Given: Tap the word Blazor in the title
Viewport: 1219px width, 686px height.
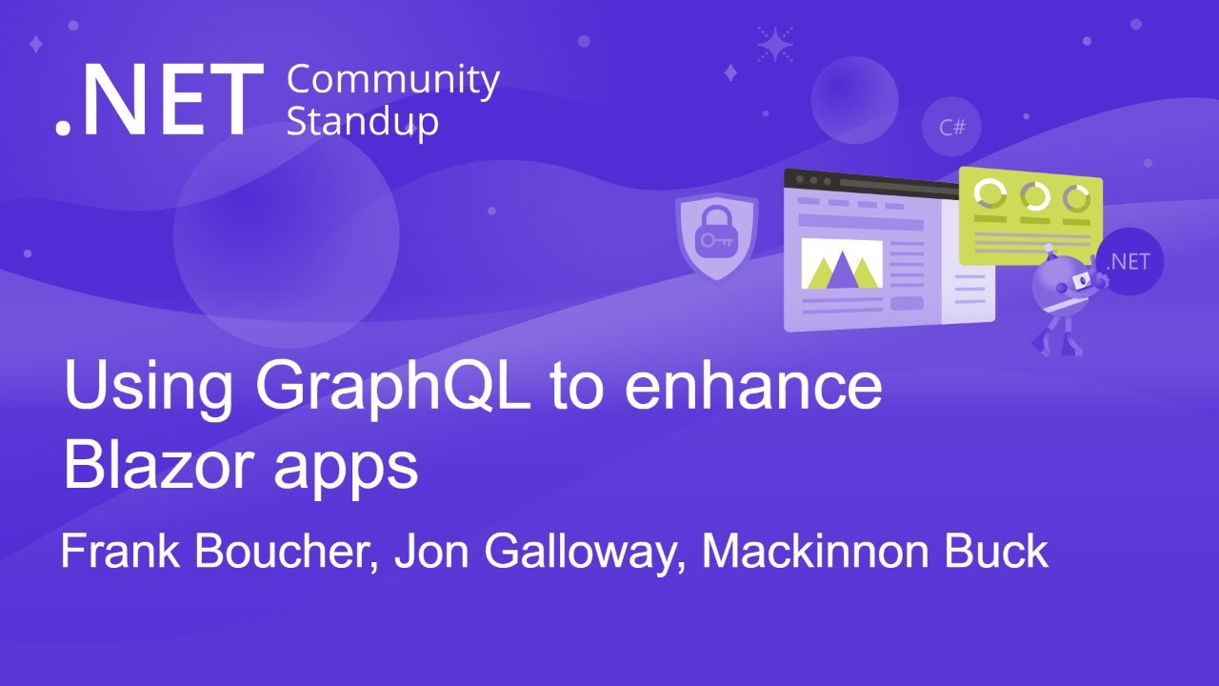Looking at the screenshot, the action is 158,466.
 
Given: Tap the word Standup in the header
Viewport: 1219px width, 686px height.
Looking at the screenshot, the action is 363,122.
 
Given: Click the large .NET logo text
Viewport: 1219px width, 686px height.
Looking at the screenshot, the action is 159,99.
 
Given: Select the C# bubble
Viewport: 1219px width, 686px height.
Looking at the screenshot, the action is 951,127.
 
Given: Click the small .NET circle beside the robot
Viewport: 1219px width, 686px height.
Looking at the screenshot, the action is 1129,261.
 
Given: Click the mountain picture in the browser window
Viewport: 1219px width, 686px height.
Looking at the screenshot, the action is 841,264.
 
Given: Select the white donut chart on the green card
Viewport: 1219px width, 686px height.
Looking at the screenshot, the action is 989,193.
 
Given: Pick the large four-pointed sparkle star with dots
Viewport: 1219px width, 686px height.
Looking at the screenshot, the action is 775,44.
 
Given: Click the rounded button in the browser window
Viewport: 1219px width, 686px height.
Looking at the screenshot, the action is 907,303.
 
